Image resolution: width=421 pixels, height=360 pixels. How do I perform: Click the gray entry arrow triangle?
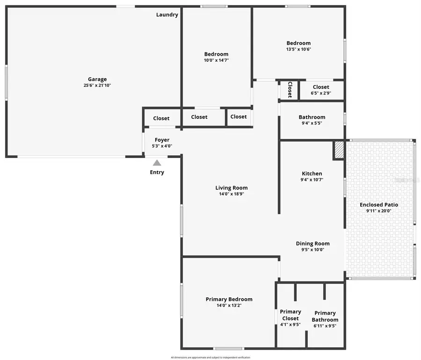tap(157, 163)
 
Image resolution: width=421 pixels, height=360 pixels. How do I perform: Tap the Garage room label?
tap(97, 79)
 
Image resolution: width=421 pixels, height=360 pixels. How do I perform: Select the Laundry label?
tap(167, 14)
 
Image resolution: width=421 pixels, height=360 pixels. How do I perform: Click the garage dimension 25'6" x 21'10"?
tap(97, 86)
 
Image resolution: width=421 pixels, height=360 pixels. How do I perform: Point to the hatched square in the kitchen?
tap(339, 150)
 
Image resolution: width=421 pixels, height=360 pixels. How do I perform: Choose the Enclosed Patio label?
tap(379, 205)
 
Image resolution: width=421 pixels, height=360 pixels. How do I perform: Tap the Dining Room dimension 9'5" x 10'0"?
tap(312, 250)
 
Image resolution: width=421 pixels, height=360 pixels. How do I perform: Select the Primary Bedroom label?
tap(229, 299)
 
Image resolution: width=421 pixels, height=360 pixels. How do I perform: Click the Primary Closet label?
tap(290, 315)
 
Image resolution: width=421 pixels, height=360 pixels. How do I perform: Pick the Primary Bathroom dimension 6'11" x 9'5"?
tap(325, 326)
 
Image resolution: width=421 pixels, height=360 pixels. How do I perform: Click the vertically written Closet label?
tap(290, 89)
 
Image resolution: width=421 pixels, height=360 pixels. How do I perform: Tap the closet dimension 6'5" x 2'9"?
tap(321, 94)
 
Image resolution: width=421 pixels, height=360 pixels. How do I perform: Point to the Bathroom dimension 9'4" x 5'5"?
tap(312, 123)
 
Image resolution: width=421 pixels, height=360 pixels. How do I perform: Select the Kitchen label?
tap(312, 173)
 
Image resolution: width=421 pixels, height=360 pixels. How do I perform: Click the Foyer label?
tap(162, 140)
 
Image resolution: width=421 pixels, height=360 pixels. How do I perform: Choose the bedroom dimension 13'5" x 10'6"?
tap(298, 49)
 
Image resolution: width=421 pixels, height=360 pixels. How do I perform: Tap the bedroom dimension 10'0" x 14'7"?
tap(216, 60)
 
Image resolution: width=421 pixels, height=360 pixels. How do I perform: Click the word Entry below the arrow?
tap(157, 172)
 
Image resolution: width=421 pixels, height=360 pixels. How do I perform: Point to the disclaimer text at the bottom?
tap(210, 357)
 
